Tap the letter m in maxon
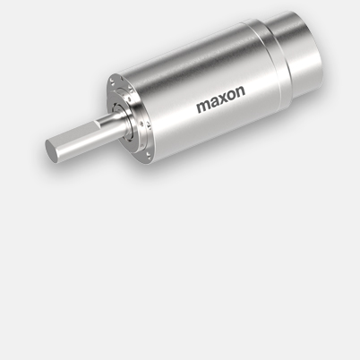coord(202,108)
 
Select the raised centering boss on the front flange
coord(134,125)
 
